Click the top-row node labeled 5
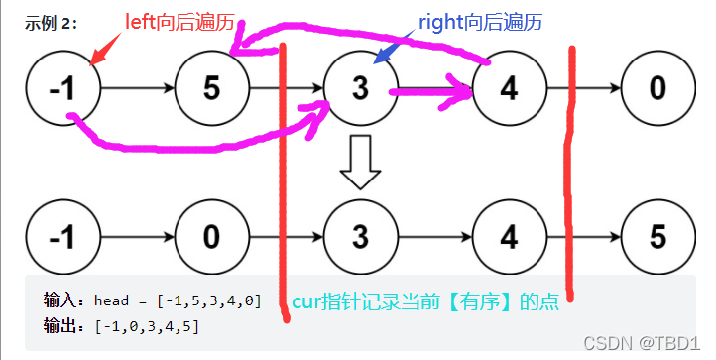(211, 89)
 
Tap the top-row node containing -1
(62, 89)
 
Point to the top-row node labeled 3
(360, 89)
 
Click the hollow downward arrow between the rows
(360, 163)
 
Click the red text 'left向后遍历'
(178, 20)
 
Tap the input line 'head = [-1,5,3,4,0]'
(178, 299)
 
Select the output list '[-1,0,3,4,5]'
(147, 325)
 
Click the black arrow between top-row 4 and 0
(595, 89)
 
